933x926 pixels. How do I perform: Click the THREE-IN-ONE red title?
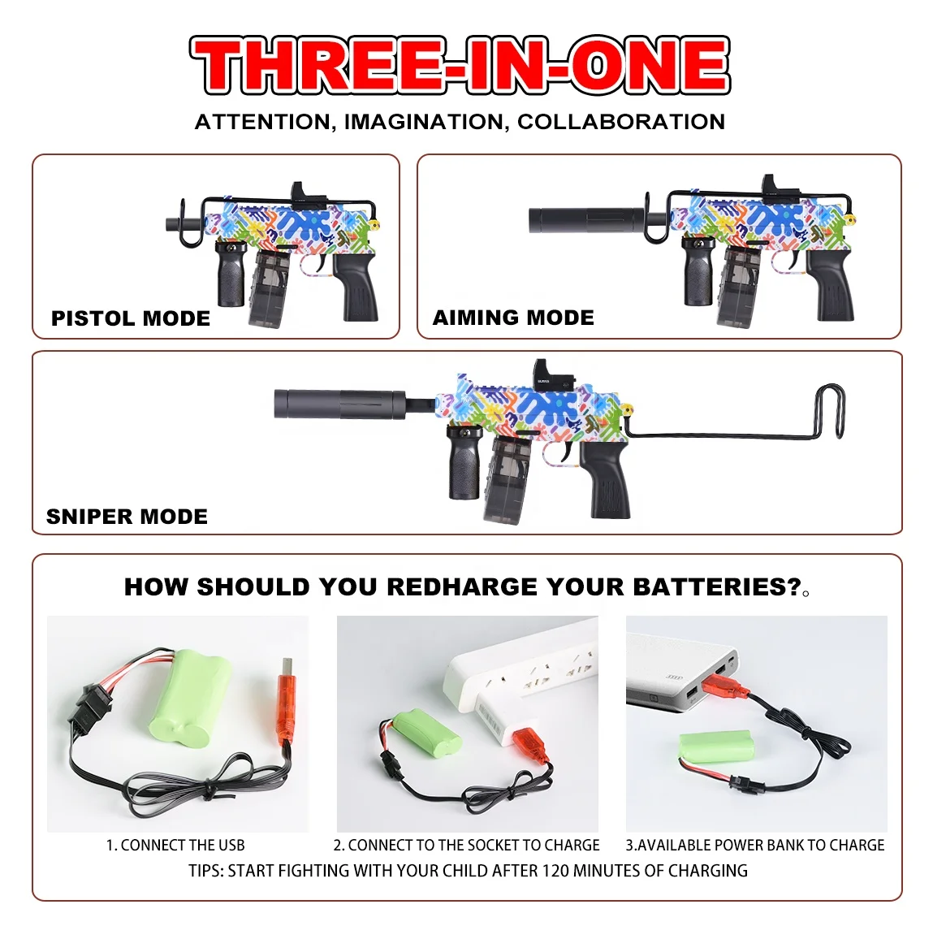pos(460,65)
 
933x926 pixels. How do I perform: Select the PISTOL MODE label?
pos(131,318)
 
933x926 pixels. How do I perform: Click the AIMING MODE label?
pos(513,318)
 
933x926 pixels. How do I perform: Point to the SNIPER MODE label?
pos(127,517)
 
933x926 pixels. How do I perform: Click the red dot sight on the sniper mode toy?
pos(546,374)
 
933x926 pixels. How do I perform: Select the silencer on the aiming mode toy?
pos(582,220)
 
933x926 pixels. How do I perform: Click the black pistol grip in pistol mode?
pos(357,288)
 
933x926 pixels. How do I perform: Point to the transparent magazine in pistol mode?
pos(269,286)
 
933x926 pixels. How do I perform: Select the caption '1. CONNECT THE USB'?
pos(175,846)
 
